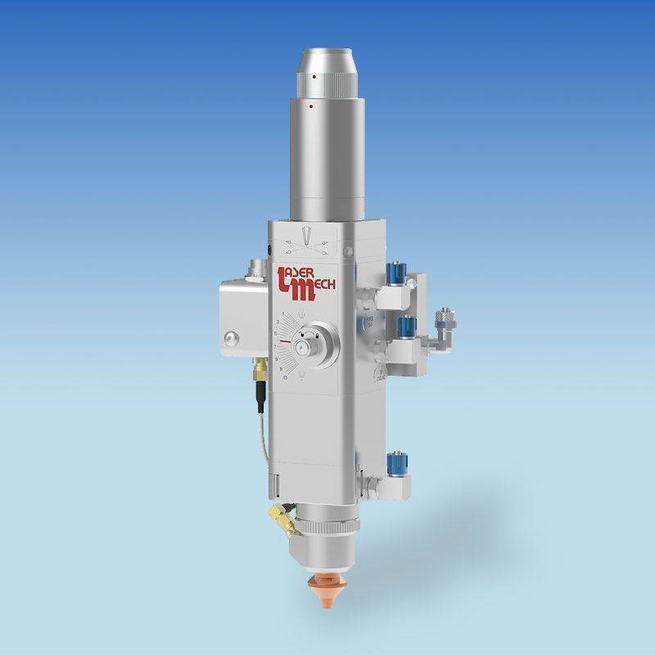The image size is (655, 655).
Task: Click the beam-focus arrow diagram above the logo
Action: pos(306,239)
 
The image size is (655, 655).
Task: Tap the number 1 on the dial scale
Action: pos(284,313)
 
